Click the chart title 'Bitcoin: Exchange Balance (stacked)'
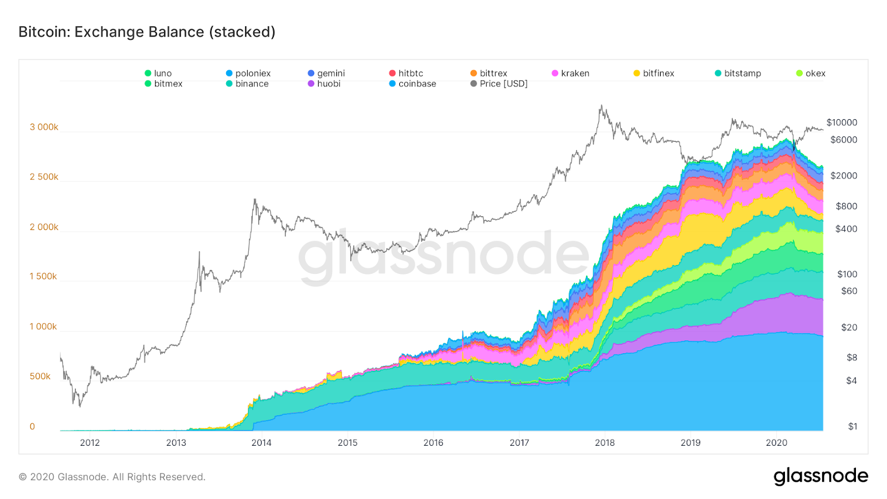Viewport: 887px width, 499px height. click(x=147, y=32)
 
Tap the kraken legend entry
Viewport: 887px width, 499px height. click(x=570, y=73)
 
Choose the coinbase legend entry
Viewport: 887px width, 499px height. click(x=412, y=84)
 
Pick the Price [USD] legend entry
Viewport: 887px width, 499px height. click(x=499, y=84)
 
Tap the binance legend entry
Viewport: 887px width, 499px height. click(x=247, y=84)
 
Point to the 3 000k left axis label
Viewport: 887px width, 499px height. click(x=44, y=127)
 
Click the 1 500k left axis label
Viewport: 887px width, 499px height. click(x=43, y=276)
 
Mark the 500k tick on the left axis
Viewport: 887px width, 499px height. click(x=40, y=376)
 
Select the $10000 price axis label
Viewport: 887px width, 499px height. click(x=842, y=123)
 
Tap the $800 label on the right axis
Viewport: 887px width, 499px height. click(x=846, y=206)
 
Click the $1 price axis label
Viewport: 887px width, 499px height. click(x=852, y=426)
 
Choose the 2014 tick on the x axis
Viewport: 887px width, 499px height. click(x=262, y=442)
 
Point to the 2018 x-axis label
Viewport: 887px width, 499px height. click(x=605, y=442)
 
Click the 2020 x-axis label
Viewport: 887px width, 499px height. click(x=776, y=442)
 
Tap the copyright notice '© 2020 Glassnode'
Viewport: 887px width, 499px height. click(x=112, y=477)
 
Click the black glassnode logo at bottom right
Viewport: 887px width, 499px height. click(x=820, y=476)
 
